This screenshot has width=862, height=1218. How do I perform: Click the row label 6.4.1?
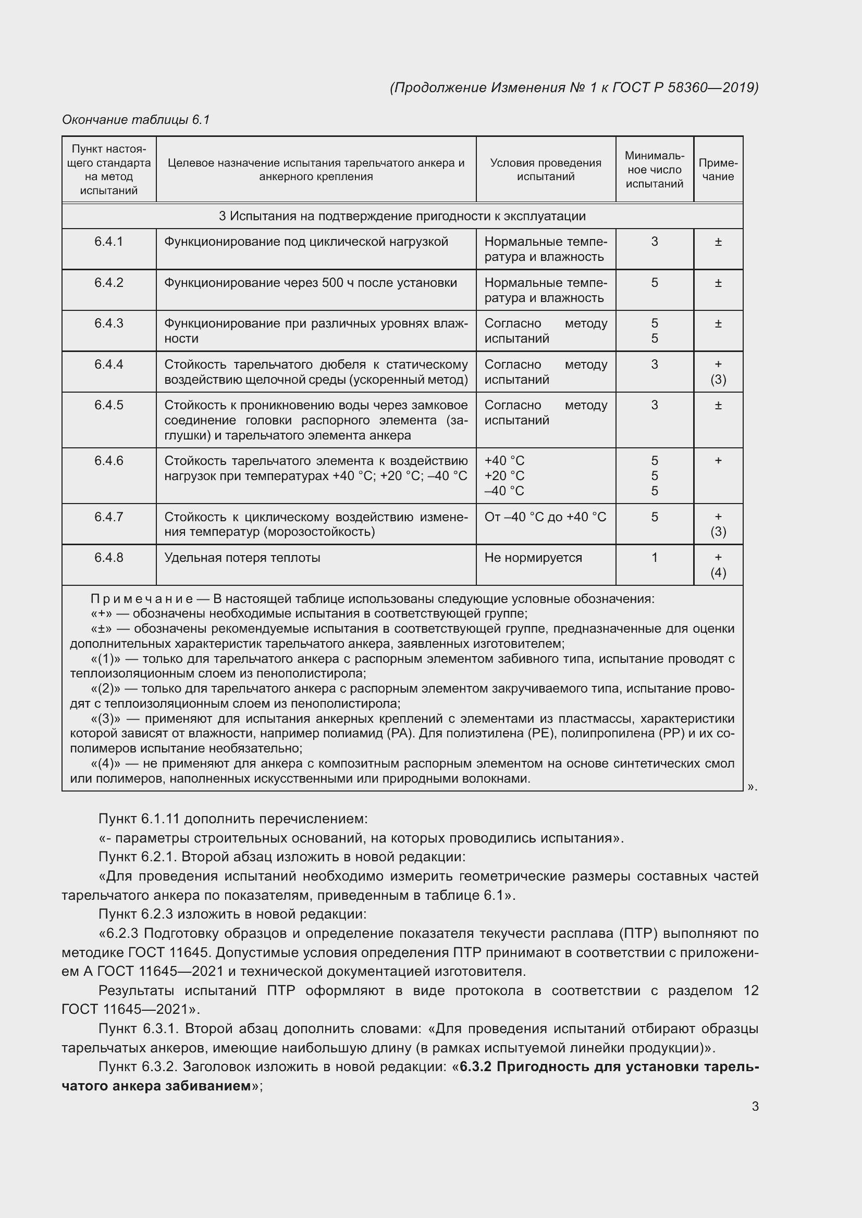(109, 242)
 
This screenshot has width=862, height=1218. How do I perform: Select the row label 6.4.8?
(109, 558)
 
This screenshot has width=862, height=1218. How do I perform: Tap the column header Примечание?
(718, 170)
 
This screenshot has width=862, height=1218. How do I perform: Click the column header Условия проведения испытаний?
(545, 170)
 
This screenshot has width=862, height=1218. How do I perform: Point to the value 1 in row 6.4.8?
(654, 558)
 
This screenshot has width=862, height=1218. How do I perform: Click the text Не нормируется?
(533, 558)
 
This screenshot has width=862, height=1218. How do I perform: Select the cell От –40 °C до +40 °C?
(545, 517)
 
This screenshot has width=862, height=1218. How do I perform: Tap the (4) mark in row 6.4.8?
(718, 572)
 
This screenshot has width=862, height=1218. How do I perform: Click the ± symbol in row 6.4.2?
(718, 283)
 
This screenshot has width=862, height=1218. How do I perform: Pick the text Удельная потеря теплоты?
(242, 558)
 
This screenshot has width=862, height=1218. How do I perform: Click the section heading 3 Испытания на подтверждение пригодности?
(402, 216)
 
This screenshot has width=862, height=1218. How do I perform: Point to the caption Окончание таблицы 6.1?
(136, 120)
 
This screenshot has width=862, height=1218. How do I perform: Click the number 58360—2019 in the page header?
(711, 87)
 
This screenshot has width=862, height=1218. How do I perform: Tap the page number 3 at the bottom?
(755, 1107)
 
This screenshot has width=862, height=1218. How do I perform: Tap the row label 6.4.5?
(109, 405)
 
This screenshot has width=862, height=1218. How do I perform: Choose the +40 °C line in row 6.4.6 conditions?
(504, 461)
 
